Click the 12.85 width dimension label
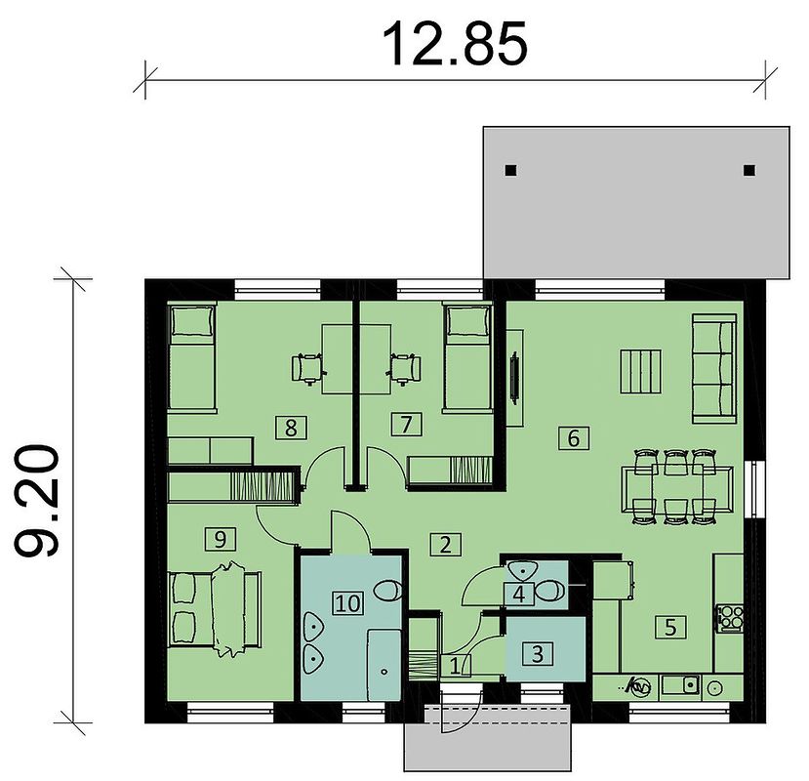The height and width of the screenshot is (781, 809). coord(455,44)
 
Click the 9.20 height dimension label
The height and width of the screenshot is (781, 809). coord(37,501)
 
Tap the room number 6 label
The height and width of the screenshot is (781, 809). coord(574,438)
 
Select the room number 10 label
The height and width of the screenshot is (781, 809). coord(348,603)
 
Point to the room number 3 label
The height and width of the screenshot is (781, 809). coord(537,653)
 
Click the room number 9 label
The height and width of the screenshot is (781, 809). coord(220,540)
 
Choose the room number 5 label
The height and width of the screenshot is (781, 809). coord(670,627)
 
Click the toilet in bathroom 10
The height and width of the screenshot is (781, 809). coord(387,591)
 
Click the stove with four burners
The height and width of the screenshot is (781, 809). coord(729,618)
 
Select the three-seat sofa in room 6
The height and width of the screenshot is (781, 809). coord(714,369)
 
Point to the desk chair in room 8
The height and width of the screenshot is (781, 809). coord(308,369)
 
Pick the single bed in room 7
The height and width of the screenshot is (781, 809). coord(466,357)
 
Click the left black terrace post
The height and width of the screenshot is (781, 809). coord(510,170)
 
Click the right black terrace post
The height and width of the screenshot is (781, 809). coord(749,170)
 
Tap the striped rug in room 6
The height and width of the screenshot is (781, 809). coord(640,372)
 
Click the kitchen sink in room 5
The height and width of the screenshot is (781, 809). coord(680,685)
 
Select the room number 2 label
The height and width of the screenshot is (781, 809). coord(445,544)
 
